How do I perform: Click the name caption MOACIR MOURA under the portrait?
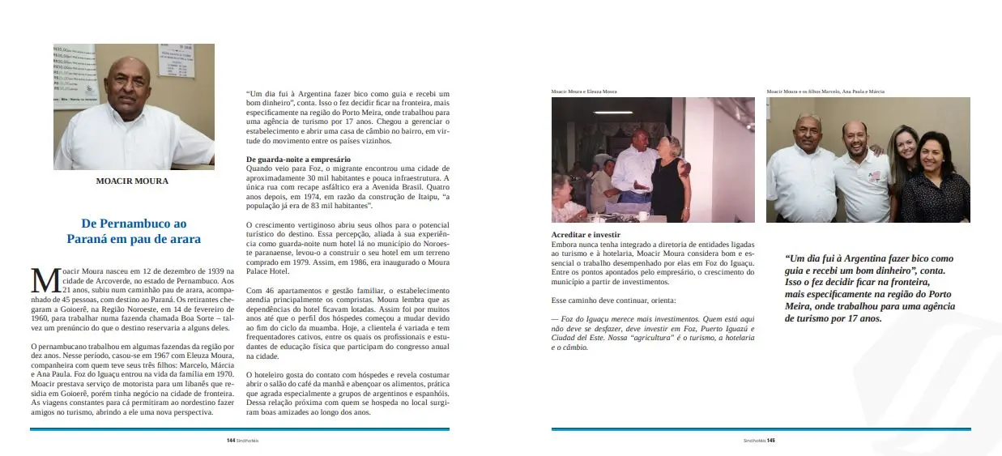(132, 181)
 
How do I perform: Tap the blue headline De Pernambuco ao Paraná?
(134, 231)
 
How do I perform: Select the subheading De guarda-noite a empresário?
(298, 159)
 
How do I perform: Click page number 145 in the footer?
(771, 441)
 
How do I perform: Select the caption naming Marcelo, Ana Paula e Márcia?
(826, 92)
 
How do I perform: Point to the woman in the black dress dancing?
(669, 178)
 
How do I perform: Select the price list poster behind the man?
(175, 62)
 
